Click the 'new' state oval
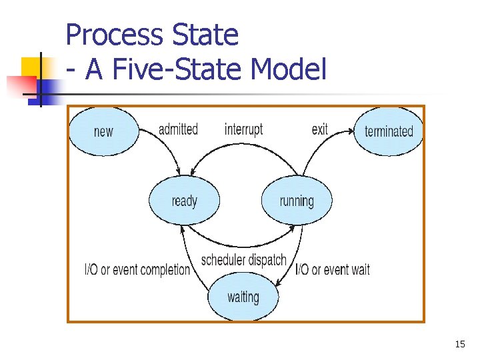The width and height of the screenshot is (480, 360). (x=103, y=131)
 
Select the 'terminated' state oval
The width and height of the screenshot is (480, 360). (x=389, y=131)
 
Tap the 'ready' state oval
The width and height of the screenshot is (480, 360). (x=184, y=201)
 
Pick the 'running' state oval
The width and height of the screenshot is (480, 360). (x=296, y=201)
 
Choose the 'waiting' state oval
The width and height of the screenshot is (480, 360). (x=243, y=297)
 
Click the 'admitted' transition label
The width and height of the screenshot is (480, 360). (x=178, y=129)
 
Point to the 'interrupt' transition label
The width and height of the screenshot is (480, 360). (x=243, y=129)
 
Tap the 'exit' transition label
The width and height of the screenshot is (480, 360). (x=319, y=129)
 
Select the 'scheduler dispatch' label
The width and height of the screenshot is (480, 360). (x=243, y=260)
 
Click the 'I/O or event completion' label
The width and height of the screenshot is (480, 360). (x=137, y=270)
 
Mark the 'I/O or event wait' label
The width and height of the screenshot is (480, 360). (x=332, y=270)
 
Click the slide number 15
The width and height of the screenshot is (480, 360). (x=459, y=344)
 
